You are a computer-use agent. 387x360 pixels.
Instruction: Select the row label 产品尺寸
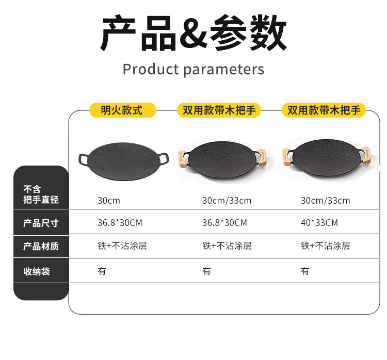tap(41, 223)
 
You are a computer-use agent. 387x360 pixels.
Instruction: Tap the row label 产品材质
tap(41, 247)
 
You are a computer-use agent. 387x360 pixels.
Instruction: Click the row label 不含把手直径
tap(41, 194)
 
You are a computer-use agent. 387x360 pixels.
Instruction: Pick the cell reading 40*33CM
tap(319, 223)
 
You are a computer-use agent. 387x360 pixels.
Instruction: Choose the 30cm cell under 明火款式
tap(109, 201)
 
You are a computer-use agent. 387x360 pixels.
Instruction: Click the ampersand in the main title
tap(193, 34)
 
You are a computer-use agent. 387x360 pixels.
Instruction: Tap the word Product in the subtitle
tap(150, 69)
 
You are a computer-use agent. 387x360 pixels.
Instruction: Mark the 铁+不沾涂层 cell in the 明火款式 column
tap(122, 246)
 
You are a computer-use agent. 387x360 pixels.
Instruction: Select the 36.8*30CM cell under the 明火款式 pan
tap(120, 223)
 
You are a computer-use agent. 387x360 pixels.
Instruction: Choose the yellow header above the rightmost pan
tap(323, 110)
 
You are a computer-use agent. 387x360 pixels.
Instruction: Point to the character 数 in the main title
tap(266, 34)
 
